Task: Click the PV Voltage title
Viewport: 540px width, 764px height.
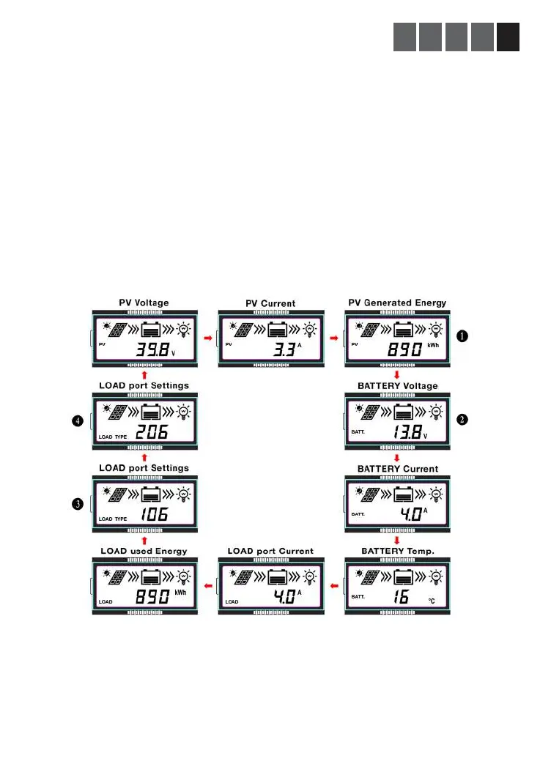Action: point(144,302)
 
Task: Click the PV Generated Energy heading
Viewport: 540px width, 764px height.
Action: point(397,303)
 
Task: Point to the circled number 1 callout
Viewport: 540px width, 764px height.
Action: point(463,336)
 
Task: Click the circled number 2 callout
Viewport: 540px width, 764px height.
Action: point(463,420)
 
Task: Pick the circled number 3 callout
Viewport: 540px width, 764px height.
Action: point(77,503)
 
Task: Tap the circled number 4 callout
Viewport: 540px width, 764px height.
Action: point(77,420)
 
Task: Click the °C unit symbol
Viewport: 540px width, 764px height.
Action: point(436,601)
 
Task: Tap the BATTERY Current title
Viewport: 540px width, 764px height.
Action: point(397,469)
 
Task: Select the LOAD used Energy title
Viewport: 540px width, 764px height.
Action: point(144,551)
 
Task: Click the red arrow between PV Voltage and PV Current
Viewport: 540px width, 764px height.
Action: point(208,339)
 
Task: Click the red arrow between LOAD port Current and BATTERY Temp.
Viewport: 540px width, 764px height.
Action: point(334,586)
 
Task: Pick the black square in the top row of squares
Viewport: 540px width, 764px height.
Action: point(508,37)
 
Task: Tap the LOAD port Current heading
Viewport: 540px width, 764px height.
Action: point(270,551)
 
